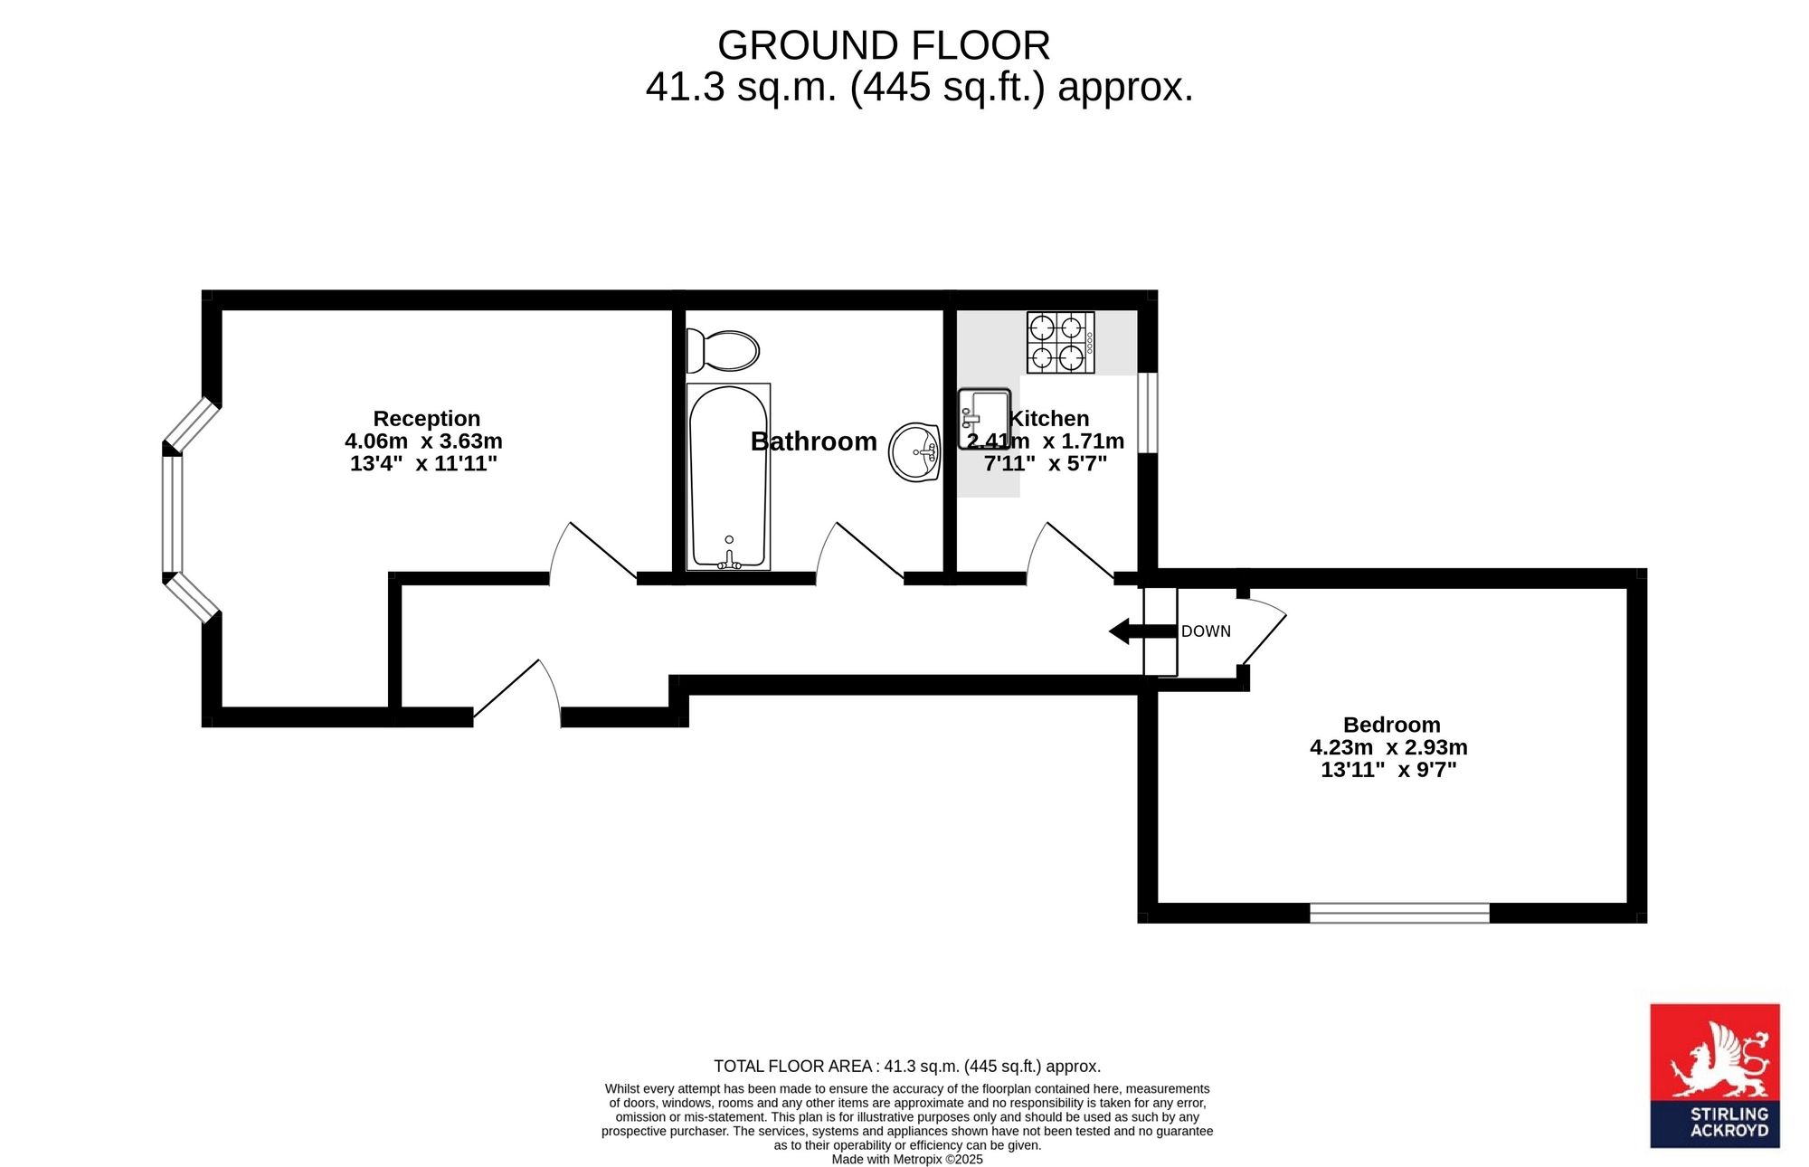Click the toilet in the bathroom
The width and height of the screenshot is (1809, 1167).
(x=723, y=351)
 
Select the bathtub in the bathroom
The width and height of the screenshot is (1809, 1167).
(x=728, y=477)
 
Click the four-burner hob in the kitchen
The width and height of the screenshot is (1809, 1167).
(x=1060, y=343)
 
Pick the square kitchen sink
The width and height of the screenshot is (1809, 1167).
(x=984, y=419)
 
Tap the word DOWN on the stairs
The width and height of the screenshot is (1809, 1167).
(x=1206, y=631)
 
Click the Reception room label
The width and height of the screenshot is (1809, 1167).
(x=427, y=419)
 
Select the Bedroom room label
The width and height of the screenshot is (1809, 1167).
(x=1391, y=725)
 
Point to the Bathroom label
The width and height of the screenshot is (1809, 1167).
(x=814, y=441)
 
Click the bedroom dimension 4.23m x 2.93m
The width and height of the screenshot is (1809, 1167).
(x=1388, y=747)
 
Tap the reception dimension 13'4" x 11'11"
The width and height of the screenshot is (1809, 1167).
(x=423, y=464)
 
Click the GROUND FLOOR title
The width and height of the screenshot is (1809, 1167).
(x=884, y=45)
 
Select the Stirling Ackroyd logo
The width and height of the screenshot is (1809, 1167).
(x=1715, y=1076)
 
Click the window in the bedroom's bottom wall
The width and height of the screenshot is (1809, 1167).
(x=1399, y=913)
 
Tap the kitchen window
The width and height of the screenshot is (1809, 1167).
(x=1148, y=413)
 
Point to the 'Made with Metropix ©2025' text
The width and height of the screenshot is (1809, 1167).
(x=907, y=1159)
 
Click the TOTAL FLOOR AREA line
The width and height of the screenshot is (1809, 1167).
(x=907, y=1067)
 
